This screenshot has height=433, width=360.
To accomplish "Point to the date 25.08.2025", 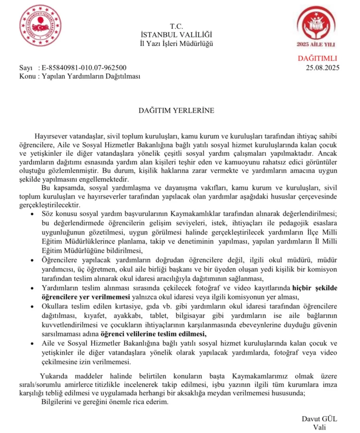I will (x=322, y=67).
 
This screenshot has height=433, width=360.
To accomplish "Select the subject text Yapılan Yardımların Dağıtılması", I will (x=91, y=76).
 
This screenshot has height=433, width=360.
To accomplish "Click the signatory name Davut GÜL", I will (x=320, y=418).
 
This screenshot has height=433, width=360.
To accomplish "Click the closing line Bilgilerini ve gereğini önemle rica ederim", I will (x=105, y=401).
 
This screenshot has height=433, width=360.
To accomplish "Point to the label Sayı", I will (x=26, y=67).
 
